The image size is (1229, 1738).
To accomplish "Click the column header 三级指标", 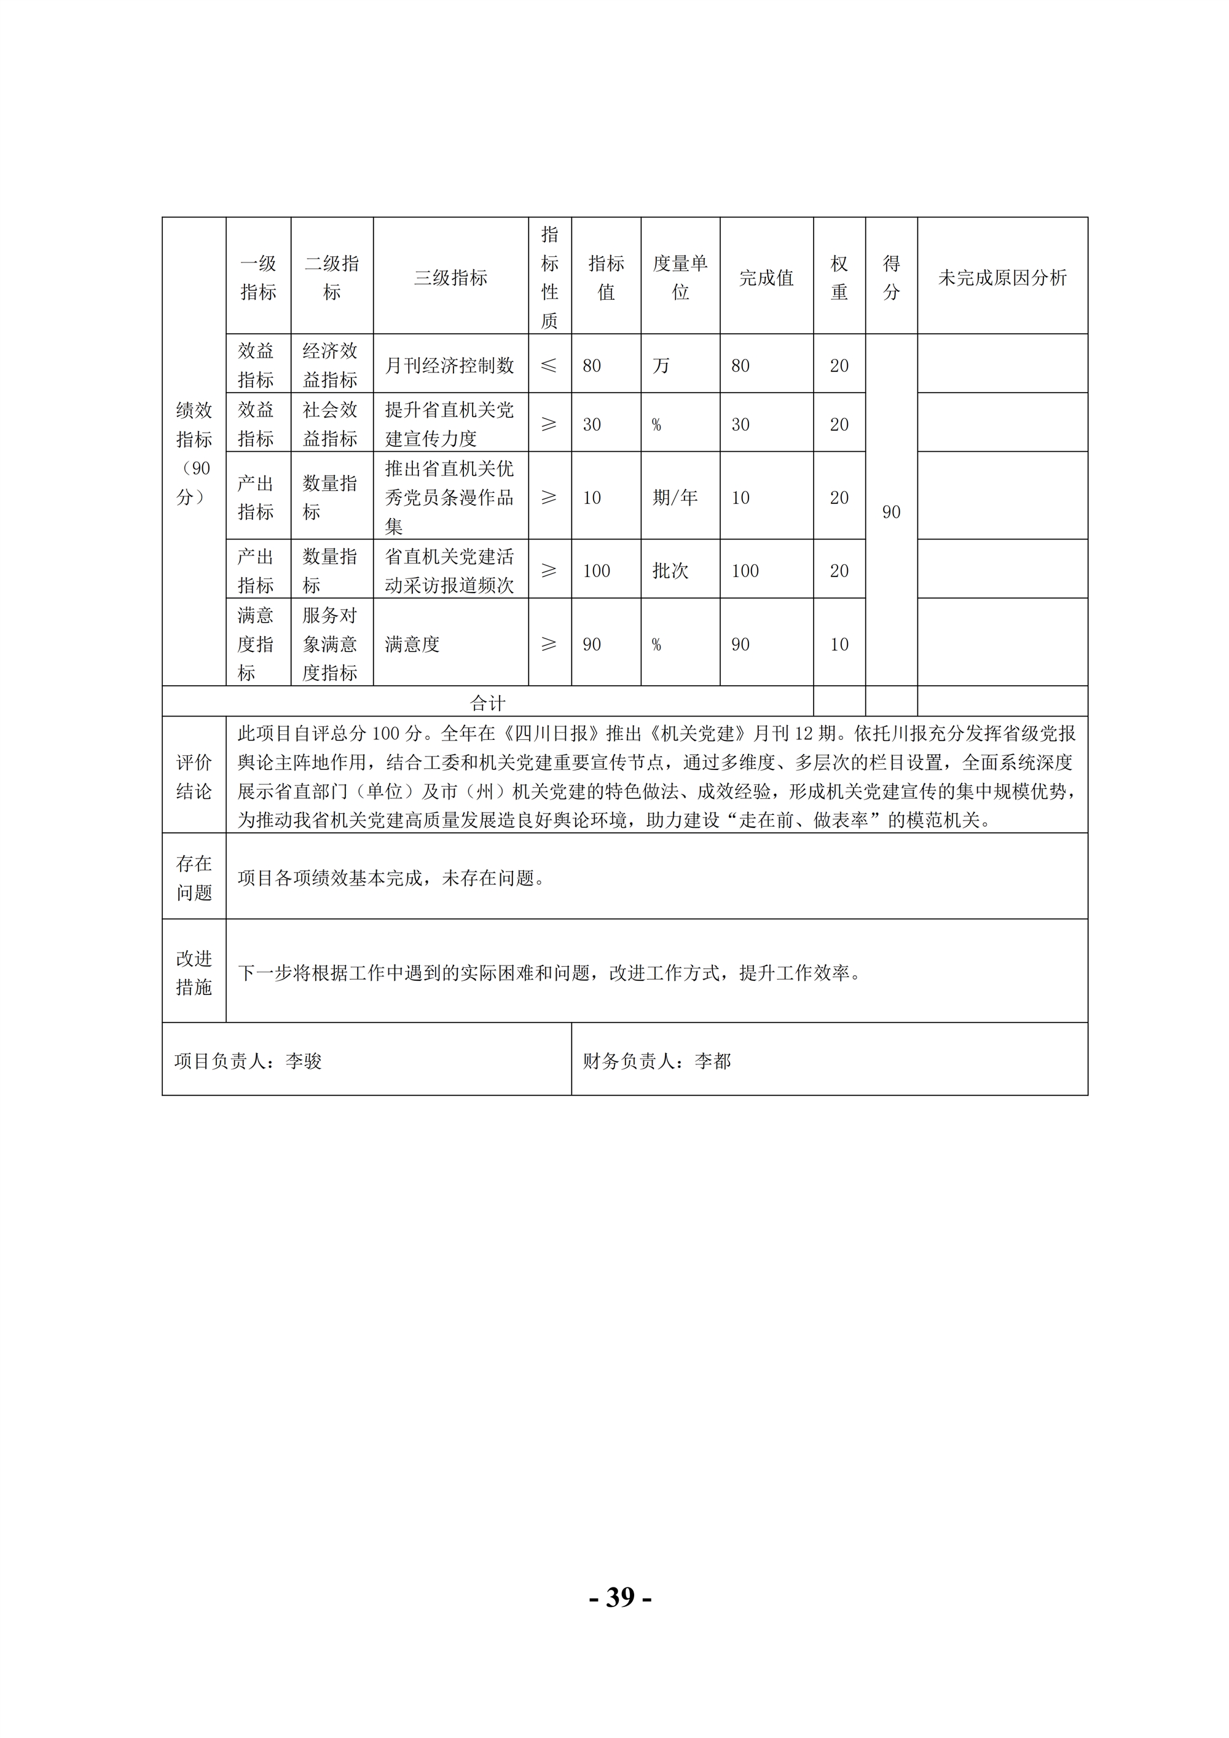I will (450, 278).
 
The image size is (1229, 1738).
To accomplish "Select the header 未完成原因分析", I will (1002, 278).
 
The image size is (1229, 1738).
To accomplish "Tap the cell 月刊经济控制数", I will (450, 366).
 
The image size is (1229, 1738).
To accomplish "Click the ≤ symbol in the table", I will (549, 366).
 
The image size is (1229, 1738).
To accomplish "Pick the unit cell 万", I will (661, 366).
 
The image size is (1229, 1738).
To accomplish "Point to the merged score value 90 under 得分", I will (891, 513).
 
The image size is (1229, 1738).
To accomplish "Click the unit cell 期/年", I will (675, 497).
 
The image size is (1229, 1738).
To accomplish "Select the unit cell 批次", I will (670, 571).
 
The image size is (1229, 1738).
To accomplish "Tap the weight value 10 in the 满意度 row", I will (839, 644).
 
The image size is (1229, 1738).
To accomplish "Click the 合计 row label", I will (487, 703).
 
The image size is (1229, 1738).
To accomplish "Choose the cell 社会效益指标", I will (331, 424).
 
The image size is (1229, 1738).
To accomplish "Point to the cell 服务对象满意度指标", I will (331, 643).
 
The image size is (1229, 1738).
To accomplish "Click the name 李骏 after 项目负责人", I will (304, 1061).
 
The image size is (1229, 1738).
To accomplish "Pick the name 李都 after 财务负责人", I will (713, 1061).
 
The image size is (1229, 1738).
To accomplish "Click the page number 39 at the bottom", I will (621, 1597).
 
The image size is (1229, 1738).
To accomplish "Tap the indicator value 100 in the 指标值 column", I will (596, 571).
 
